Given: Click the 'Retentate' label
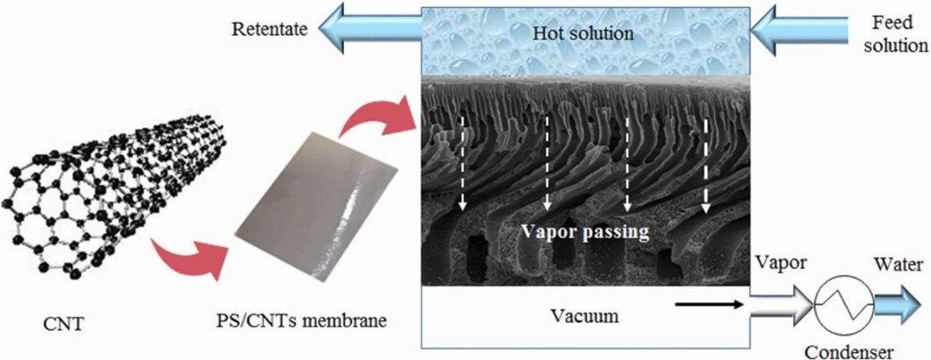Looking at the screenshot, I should click(270, 29).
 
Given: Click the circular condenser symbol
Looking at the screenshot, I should click(838, 308).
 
